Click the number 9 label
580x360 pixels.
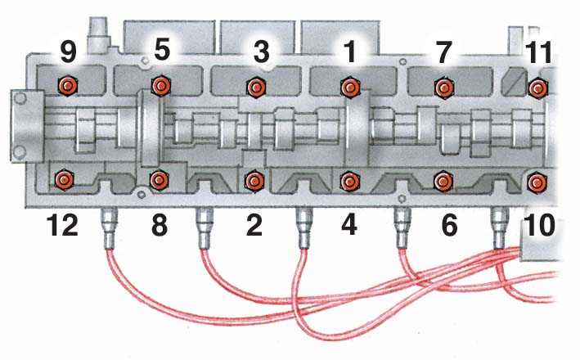[68, 52]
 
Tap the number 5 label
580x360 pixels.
[162, 50]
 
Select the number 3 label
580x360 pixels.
[262, 52]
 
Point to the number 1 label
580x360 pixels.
[349, 51]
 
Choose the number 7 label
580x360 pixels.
[444, 52]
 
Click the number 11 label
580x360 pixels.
[540, 52]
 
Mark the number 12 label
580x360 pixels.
[62, 225]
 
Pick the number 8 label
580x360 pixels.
[160, 225]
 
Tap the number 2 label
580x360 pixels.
[254, 225]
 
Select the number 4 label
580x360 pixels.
[349, 225]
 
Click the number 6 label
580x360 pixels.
[449, 225]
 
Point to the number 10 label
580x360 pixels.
[540, 225]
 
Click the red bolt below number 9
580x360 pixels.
[68, 86]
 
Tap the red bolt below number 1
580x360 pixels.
[350, 88]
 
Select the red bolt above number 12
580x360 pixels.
[64, 180]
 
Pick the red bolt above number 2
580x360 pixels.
[254, 181]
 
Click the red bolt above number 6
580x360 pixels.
[443, 181]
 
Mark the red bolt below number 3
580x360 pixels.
[255, 88]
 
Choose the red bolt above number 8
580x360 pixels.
[159, 180]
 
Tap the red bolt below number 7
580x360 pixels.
[444, 88]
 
